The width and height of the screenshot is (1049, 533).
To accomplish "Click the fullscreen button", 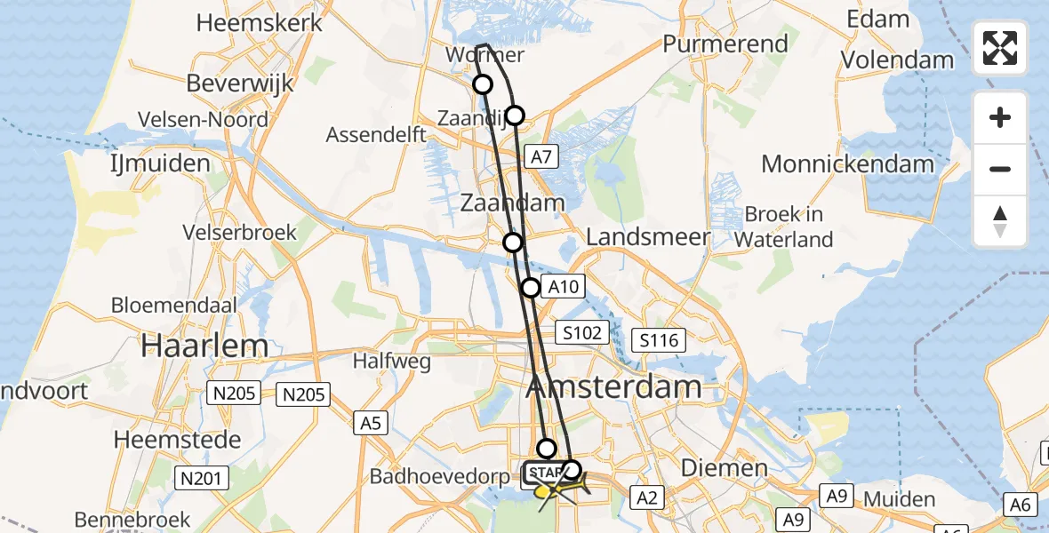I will (1000, 48).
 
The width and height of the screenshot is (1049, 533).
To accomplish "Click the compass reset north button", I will (1000, 221).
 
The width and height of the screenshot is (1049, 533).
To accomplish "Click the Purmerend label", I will (725, 44).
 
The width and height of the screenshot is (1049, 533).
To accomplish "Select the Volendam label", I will (898, 60).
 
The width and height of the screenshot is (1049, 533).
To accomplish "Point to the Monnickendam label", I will (847, 163).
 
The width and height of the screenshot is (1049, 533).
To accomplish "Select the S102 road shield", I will (583, 333).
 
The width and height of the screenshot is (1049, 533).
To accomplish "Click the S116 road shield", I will (658, 339).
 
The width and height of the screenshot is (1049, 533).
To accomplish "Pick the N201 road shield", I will (204, 478).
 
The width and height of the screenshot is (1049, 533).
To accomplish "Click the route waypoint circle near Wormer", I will (483, 84).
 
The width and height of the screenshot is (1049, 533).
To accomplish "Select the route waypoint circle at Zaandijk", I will (515, 115).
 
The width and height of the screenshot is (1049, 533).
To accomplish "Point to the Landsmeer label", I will (648, 237).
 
